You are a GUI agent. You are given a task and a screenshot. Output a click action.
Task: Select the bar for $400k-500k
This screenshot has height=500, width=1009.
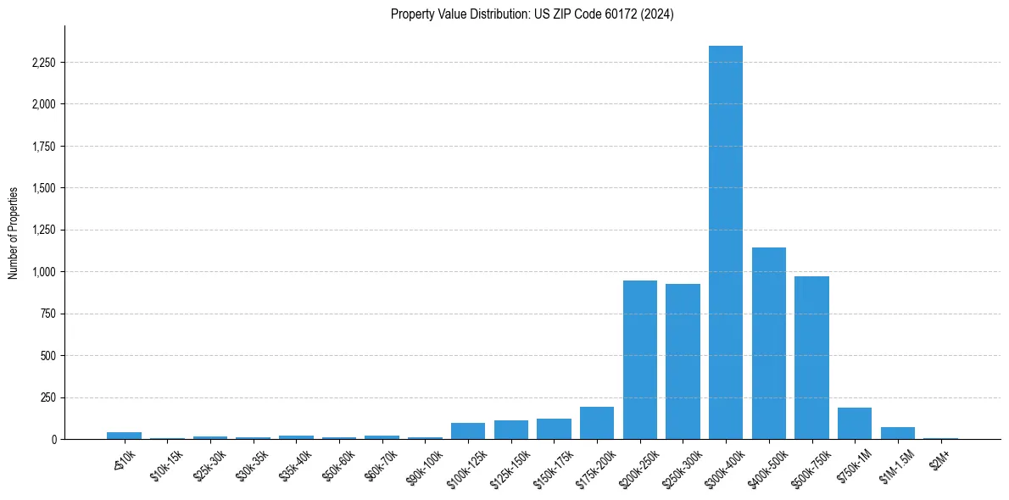(x=769, y=343)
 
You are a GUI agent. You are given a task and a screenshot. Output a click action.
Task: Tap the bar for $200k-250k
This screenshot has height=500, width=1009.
(x=640, y=359)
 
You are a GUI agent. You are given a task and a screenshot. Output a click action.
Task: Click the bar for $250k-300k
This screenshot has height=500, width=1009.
(x=683, y=361)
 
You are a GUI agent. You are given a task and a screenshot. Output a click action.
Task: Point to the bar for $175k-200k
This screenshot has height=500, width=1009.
(x=597, y=423)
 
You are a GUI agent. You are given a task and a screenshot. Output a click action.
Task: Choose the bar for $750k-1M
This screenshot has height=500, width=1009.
(x=855, y=424)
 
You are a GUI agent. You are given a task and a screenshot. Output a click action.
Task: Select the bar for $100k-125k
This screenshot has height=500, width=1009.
(x=468, y=431)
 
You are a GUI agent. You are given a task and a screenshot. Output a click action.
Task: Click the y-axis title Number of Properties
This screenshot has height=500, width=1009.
(x=13, y=233)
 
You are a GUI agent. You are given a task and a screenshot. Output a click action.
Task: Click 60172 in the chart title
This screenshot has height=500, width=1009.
(x=600, y=14)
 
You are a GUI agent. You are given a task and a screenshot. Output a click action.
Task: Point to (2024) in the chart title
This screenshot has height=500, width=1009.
(x=657, y=14)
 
